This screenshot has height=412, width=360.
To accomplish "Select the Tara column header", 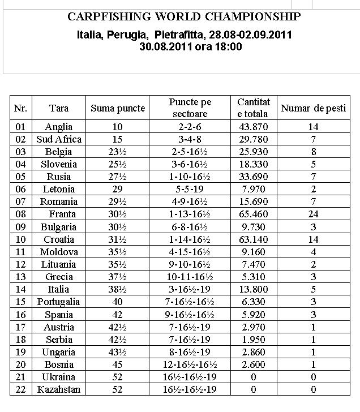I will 59,108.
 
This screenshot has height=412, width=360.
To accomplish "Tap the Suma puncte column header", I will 118,108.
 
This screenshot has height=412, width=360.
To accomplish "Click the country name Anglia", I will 59,127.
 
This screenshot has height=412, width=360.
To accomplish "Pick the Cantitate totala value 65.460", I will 254,214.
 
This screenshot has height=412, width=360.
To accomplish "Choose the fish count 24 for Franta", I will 313,214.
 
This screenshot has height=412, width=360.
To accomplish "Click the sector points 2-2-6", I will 190,127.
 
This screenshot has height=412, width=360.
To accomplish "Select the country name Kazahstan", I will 59,389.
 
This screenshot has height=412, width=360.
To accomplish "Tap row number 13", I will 20,277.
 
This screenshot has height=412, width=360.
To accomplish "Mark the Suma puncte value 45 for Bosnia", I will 118,364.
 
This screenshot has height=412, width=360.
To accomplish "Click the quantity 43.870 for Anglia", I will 254,127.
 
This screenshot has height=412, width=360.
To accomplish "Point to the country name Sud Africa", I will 59,139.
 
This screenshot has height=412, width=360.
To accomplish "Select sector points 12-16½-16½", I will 190,364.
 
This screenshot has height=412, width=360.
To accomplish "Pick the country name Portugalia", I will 59,302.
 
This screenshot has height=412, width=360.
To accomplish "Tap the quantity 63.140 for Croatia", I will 254,239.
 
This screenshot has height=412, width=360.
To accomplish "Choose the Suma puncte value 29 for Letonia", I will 118,189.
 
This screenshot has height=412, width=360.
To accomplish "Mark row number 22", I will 20,389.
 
